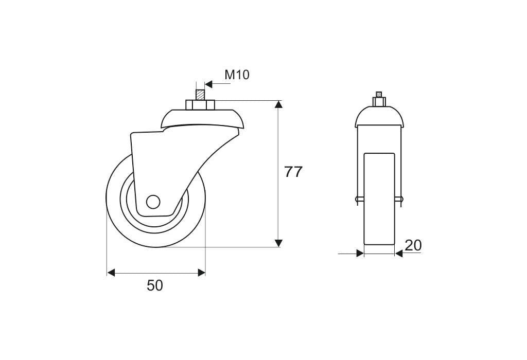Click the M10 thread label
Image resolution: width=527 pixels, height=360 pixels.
click(x=237, y=75)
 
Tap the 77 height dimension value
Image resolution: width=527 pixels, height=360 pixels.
click(x=293, y=172)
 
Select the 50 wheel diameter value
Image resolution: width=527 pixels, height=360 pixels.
click(x=155, y=285)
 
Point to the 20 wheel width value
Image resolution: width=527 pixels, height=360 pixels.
click(x=413, y=245)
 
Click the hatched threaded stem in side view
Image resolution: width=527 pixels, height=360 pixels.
click(x=200, y=94)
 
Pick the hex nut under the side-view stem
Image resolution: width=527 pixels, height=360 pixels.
click(x=200, y=105)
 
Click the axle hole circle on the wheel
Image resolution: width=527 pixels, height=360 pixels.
click(x=153, y=202)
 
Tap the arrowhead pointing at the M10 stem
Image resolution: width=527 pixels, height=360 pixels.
click(x=208, y=84)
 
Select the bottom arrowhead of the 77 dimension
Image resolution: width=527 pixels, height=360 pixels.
click(x=278, y=243)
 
